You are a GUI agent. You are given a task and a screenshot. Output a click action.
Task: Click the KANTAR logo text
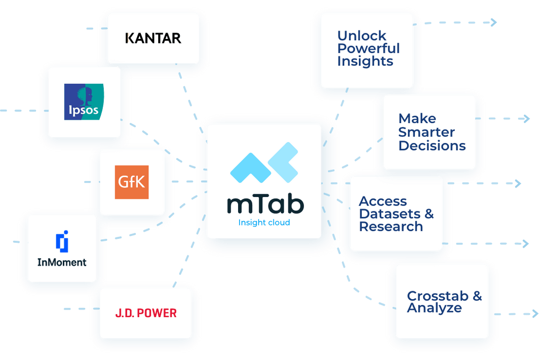(x=153, y=38)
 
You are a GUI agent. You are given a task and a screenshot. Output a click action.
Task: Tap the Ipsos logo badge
(x=84, y=102)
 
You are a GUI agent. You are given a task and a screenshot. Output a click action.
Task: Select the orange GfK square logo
(x=132, y=182)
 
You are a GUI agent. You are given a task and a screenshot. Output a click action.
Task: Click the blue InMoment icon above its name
(x=62, y=242)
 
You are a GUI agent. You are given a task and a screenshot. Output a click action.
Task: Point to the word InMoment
(x=62, y=262)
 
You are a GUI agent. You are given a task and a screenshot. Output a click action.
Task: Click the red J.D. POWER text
(x=146, y=314)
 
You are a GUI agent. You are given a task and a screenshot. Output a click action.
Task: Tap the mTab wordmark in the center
(x=265, y=204)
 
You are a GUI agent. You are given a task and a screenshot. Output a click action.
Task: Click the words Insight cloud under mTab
(x=264, y=222)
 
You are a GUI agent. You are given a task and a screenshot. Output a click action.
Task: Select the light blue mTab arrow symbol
(x=264, y=163)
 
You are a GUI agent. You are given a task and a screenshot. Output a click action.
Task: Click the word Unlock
(x=362, y=36)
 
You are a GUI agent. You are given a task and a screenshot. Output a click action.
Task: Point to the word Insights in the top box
(x=365, y=61)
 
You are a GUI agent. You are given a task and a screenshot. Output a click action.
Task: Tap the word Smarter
(x=426, y=133)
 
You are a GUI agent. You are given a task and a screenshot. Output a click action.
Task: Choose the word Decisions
(x=432, y=146)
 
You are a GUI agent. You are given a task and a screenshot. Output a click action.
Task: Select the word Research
(x=391, y=227)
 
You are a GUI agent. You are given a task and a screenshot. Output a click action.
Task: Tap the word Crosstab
(x=437, y=296)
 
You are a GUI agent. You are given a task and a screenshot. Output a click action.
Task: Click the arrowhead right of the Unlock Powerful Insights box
(x=494, y=22)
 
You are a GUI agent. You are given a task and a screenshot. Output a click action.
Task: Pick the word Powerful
(x=368, y=49)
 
